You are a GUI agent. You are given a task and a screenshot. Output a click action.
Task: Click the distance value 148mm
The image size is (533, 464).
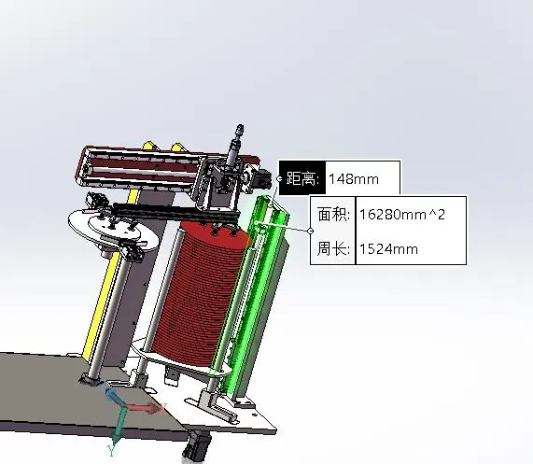click(x=354, y=179)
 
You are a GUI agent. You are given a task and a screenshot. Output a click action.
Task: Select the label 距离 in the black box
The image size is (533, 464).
click(x=302, y=178)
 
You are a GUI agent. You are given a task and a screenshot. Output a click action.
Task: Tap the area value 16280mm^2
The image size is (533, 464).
click(x=401, y=215)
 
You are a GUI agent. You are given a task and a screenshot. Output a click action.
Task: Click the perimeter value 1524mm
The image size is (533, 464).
click(x=388, y=249)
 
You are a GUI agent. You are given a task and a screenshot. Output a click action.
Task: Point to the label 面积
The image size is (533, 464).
click(x=333, y=214)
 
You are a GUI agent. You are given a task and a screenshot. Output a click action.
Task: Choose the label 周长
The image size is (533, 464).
click(x=333, y=248)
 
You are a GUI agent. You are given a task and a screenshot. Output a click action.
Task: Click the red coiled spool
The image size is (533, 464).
click(x=202, y=292)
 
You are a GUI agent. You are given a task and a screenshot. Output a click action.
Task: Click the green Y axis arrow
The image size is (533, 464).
click(x=119, y=425)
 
